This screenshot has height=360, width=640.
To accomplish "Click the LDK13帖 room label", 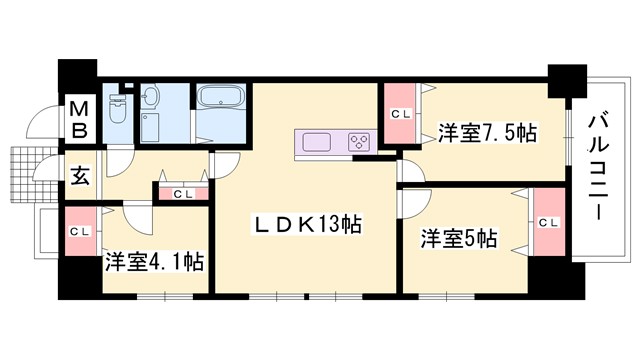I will coord(301,227).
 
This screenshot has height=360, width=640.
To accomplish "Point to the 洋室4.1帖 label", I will coord(155,262).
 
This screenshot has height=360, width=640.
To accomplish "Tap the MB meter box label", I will coord(79,118).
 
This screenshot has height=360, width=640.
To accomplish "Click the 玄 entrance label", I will coord(79,176).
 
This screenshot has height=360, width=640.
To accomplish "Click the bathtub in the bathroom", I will coord(222,98).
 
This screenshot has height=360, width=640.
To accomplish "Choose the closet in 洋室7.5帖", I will coord(400,114).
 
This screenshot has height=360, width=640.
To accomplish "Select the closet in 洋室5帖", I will coord(547,223).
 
